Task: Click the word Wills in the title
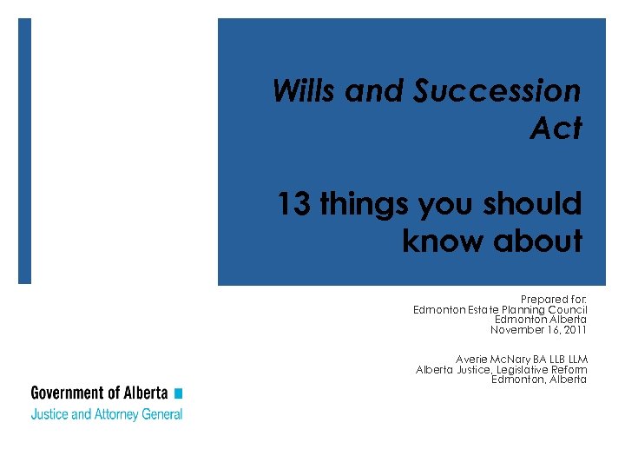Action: point(305,90)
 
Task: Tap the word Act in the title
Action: point(556,129)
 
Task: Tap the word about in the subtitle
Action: point(538,242)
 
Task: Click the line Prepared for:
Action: point(553,300)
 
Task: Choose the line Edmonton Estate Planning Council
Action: point(500,310)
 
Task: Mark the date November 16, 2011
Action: point(538,330)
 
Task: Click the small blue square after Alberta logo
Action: point(178,393)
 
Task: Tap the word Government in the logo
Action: point(66,393)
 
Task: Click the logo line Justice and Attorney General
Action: point(107,414)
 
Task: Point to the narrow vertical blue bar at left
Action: point(24,151)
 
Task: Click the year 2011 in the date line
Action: point(574,330)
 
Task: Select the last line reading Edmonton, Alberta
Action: point(538,380)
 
